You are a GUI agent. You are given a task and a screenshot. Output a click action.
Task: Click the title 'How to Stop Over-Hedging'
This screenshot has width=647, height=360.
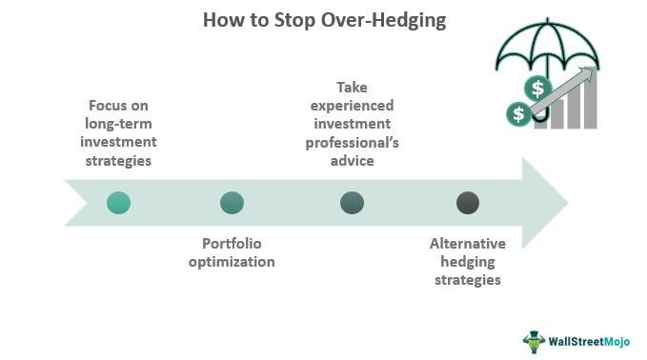(324, 20)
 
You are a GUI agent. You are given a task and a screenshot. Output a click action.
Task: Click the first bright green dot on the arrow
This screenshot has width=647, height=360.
(118, 202)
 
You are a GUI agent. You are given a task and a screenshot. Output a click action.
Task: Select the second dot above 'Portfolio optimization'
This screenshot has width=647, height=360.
(232, 202)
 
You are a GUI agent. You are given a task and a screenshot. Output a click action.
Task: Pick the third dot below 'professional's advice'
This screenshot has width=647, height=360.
(352, 202)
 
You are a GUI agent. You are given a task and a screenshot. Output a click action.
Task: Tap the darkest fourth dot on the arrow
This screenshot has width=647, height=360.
(467, 202)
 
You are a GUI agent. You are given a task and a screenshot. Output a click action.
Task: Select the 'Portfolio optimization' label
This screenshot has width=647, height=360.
(238, 252)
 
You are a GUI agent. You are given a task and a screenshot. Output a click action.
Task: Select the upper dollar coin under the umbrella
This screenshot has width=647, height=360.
(539, 90)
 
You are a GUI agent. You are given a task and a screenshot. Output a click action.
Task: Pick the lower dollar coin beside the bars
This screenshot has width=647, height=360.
(519, 115)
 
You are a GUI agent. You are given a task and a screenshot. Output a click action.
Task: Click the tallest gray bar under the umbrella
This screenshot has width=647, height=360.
(591, 105)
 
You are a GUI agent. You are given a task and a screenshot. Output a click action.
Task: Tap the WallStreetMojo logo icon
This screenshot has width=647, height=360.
(533, 341)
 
